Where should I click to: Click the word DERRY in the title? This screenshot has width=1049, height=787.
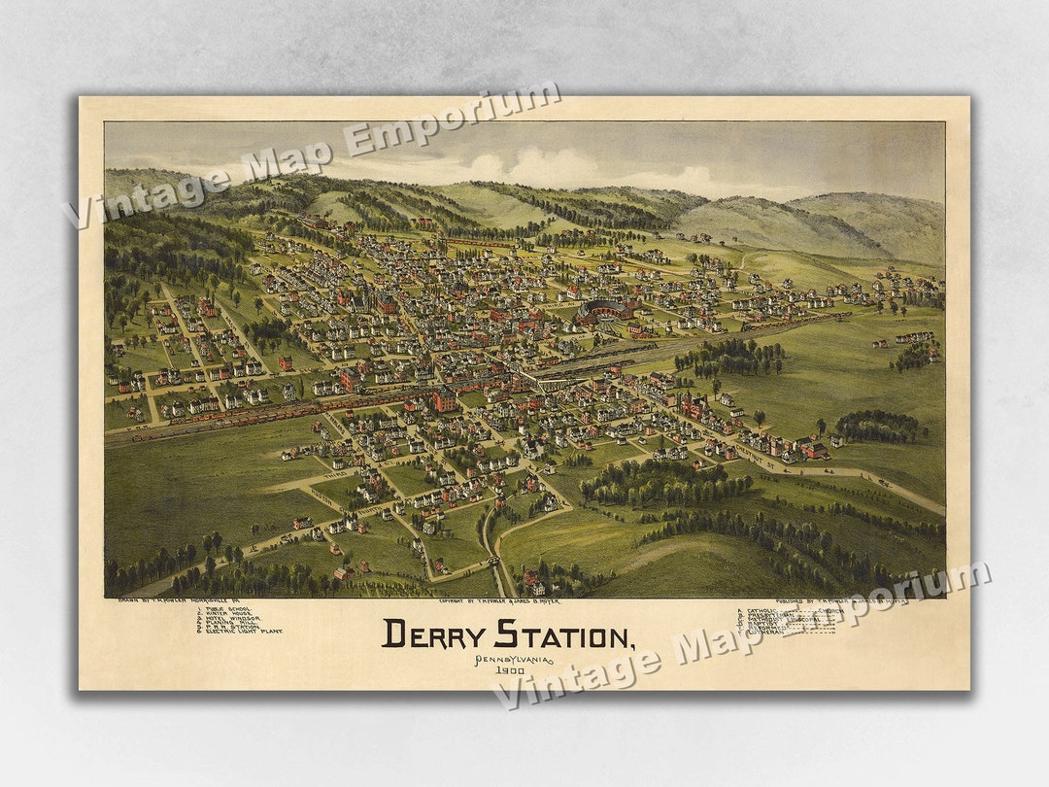tap(433, 634)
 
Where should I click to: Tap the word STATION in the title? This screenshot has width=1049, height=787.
tap(562, 635)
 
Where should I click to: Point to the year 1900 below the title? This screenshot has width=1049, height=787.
tap(510, 670)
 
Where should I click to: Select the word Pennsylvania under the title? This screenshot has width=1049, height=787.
tap(513, 660)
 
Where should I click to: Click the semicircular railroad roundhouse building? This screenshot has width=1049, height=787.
tap(604, 311)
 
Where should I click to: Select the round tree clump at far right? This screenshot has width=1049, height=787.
tap(879, 426)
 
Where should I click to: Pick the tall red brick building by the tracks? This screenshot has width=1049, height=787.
tap(445, 398)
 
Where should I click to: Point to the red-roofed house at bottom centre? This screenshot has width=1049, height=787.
tap(533, 585)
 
